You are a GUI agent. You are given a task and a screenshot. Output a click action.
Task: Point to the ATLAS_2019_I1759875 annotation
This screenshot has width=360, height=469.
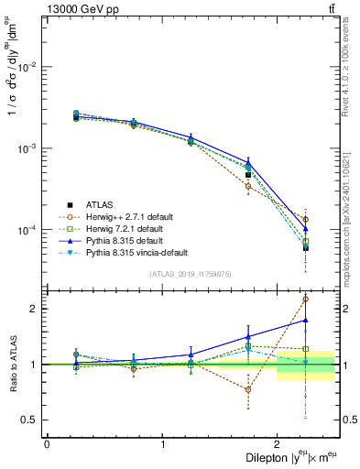point(191,274)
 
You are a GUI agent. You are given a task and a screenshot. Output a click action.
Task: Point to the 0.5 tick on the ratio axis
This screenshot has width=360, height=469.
point(30,420)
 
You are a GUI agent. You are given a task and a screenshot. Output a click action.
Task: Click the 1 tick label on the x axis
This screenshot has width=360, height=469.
point(162,444)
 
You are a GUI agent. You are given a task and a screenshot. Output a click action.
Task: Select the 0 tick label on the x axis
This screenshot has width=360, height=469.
point(47,444)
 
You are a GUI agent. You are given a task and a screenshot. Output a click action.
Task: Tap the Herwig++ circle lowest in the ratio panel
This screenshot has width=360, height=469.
point(248,389)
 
